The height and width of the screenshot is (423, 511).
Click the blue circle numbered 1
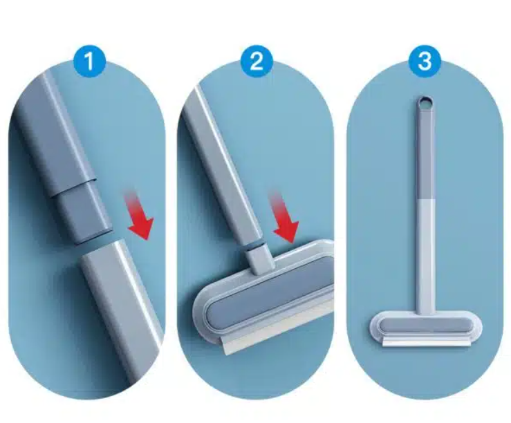click(x=89, y=61)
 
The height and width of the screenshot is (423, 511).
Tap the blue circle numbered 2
click(x=257, y=61)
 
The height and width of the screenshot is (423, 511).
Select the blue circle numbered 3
click(x=425, y=61)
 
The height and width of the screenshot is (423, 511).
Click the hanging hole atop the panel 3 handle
click(x=425, y=103)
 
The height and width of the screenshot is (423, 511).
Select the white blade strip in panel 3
click(x=427, y=341)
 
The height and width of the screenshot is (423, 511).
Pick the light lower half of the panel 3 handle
click(x=426, y=256)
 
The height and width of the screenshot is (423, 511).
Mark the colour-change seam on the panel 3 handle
click(x=425, y=199)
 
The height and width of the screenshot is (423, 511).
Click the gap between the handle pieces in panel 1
click(x=95, y=243)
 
